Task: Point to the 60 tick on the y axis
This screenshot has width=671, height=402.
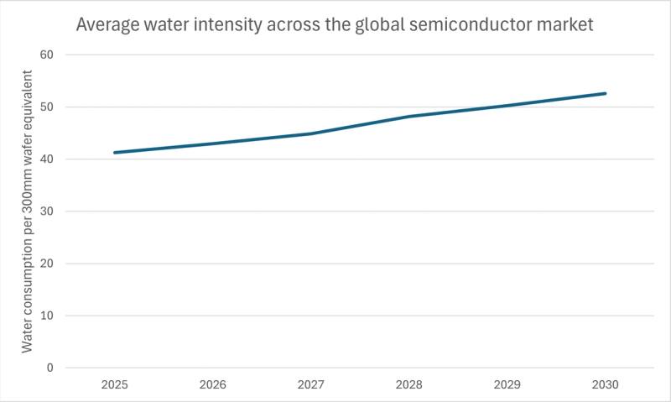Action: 47,55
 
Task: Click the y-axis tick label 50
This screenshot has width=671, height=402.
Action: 47,107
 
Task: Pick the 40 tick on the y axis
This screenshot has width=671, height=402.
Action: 47,159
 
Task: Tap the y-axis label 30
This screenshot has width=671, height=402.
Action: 47,211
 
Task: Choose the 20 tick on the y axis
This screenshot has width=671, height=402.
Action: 47,264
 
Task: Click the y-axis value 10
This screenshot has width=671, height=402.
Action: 47,316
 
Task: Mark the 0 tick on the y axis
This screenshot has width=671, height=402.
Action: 50,368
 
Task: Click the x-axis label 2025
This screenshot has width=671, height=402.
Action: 114,385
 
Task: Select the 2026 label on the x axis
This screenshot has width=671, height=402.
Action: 212,385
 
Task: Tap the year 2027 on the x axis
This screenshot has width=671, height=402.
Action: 310,385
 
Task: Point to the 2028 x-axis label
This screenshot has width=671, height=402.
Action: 408,385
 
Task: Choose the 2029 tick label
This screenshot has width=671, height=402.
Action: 507,385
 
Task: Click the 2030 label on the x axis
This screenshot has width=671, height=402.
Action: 605,385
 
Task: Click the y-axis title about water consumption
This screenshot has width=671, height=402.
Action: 28,211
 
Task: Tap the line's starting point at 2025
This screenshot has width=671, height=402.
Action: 114,153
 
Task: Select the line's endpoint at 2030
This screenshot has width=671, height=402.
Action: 605,93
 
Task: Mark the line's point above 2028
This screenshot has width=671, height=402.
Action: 408,117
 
